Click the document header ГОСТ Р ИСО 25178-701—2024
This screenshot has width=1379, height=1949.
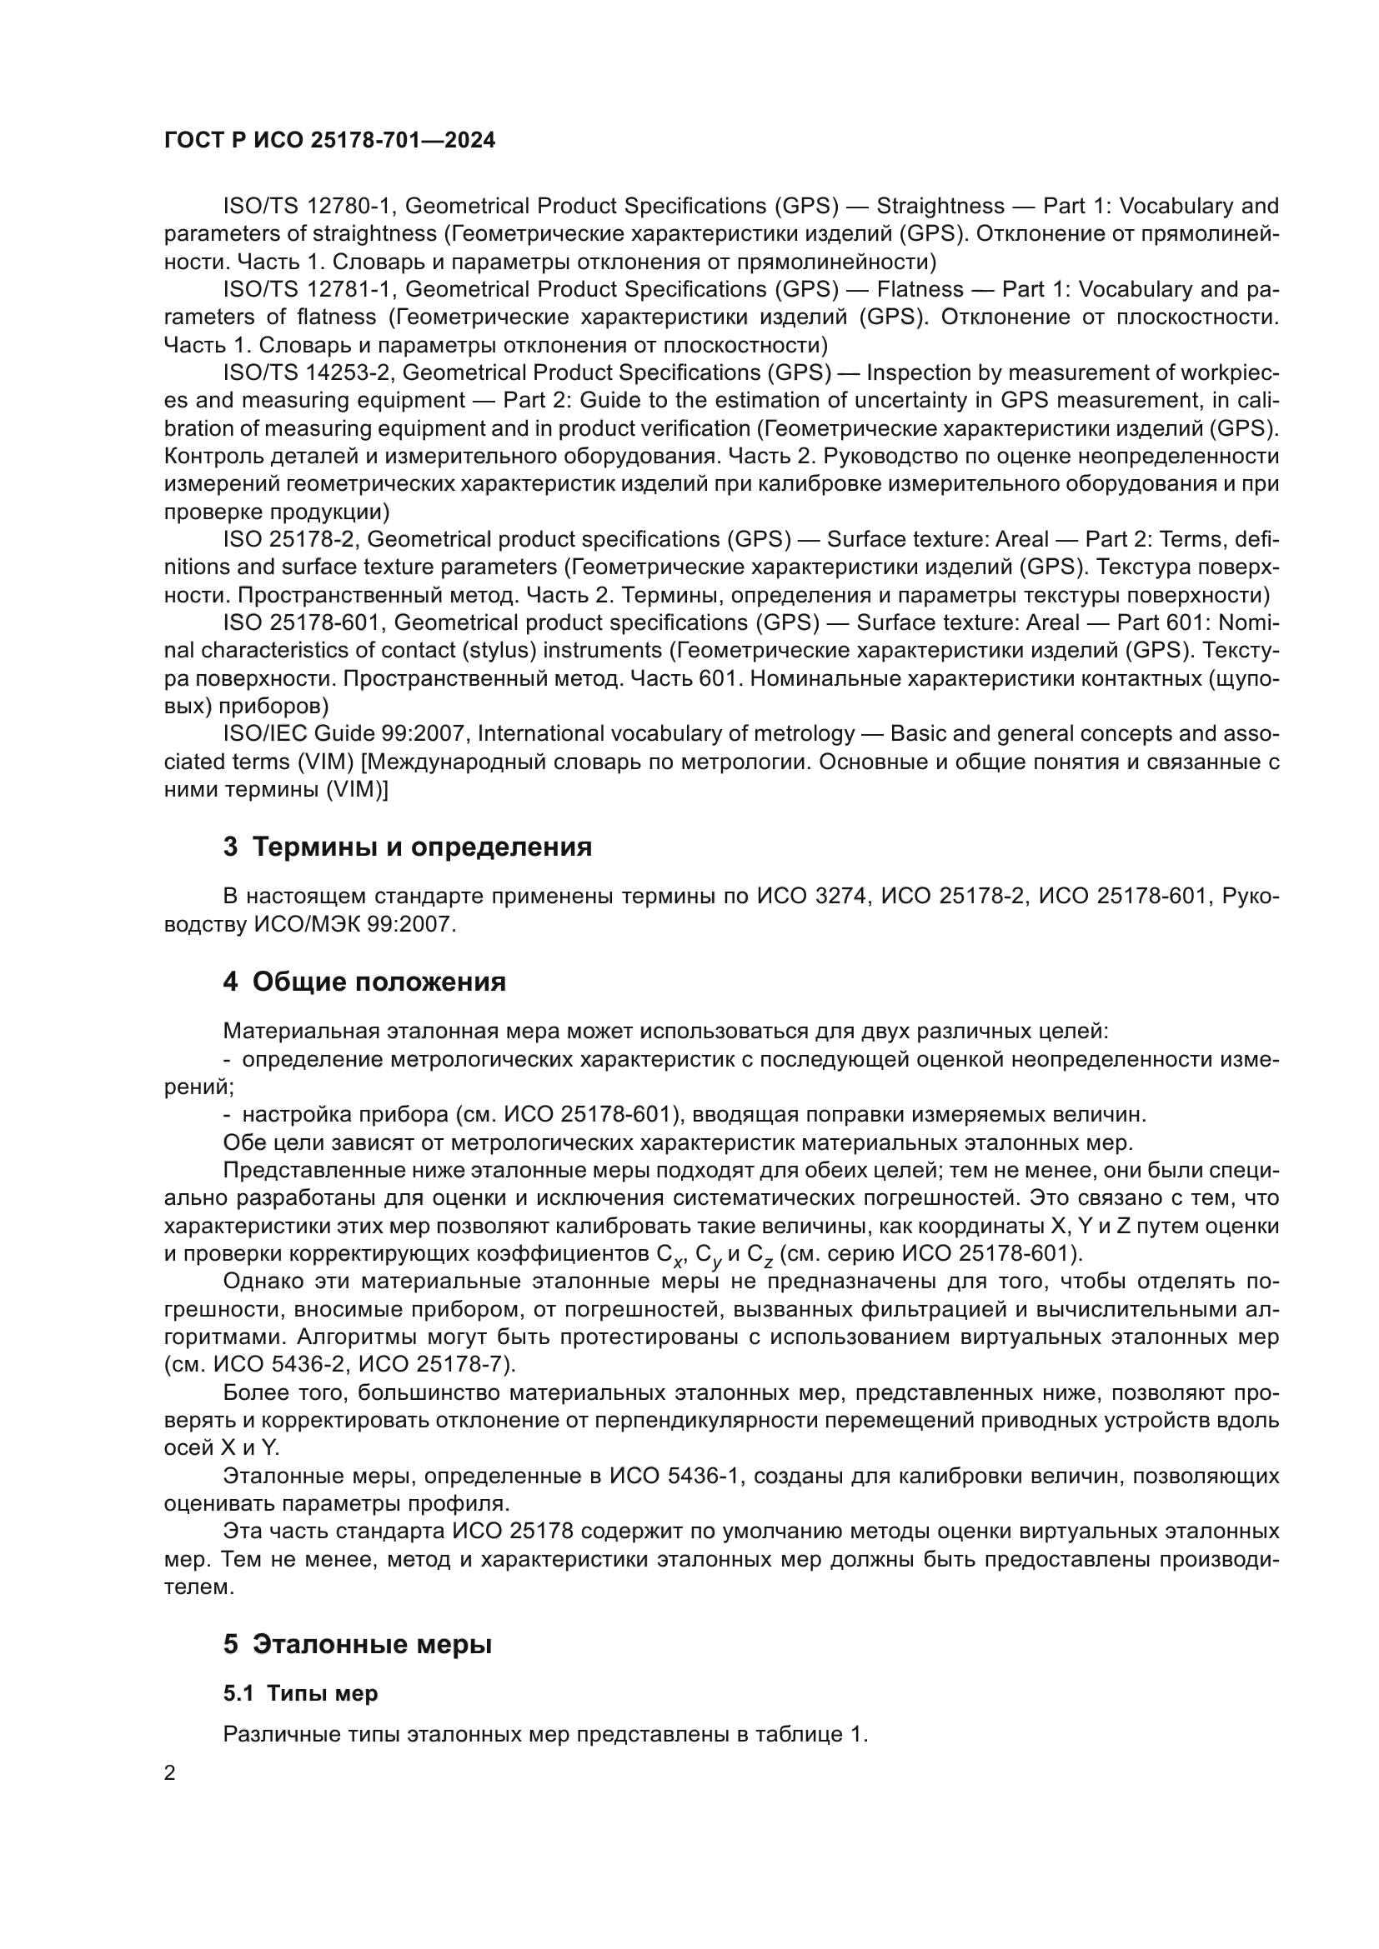pyautogui.click(x=329, y=141)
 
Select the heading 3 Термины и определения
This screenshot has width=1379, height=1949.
pyautogui.click(x=408, y=847)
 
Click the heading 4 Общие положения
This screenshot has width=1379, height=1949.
pyautogui.click(x=364, y=982)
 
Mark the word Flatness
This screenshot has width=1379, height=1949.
pyautogui.click(x=920, y=289)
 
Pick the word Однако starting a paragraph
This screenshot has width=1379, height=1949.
pyautogui.click(x=262, y=1281)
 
